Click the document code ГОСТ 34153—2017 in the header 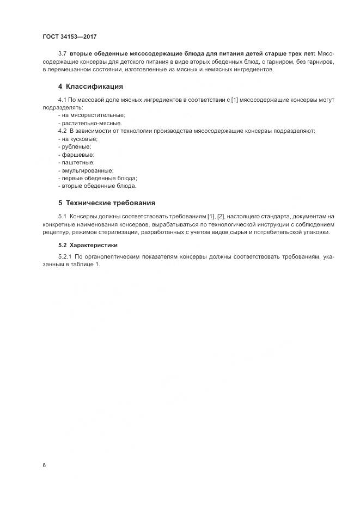[x=70, y=37]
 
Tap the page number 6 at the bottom [x=44, y=465]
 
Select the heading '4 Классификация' [x=90, y=87]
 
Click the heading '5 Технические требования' [x=107, y=203]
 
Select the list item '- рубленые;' [x=74, y=147]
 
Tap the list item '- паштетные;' [x=76, y=162]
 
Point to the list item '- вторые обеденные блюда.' [x=97, y=186]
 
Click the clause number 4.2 [x=62, y=131]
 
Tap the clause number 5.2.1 [x=65, y=256]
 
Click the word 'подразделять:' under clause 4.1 [x=61, y=108]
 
